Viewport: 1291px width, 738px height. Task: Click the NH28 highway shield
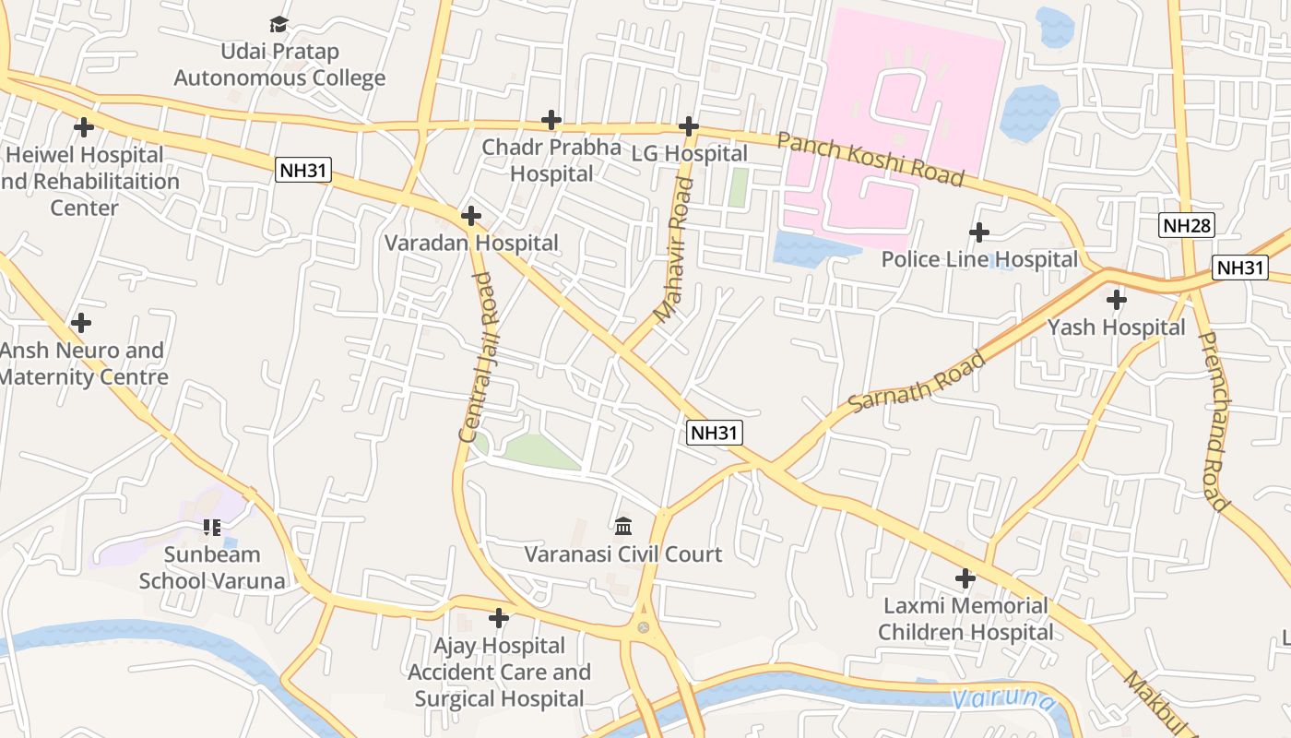(x=1187, y=224)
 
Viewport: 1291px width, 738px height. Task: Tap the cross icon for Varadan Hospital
(x=470, y=216)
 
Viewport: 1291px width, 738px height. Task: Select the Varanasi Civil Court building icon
(x=623, y=526)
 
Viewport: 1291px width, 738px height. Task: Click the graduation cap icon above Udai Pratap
(x=278, y=24)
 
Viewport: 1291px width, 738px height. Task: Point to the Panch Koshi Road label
(x=870, y=159)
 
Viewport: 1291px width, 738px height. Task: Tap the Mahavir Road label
(x=672, y=250)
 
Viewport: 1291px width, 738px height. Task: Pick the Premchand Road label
(x=1214, y=421)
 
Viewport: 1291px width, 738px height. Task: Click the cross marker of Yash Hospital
(x=1116, y=300)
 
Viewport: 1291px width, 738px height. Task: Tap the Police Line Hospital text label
(x=979, y=259)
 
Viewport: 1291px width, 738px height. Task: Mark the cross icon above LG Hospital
(x=688, y=126)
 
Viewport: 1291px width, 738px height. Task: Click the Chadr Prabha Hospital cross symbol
(x=551, y=120)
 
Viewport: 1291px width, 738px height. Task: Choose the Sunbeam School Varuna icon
(x=212, y=528)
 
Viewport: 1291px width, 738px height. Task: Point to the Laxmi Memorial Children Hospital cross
(x=965, y=578)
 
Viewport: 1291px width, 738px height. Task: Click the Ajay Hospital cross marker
(x=499, y=617)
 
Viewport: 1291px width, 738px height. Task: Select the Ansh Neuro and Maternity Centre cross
(x=81, y=323)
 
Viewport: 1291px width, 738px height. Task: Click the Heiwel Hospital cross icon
(x=84, y=127)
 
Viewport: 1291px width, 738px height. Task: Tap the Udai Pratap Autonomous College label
(x=279, y=65)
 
